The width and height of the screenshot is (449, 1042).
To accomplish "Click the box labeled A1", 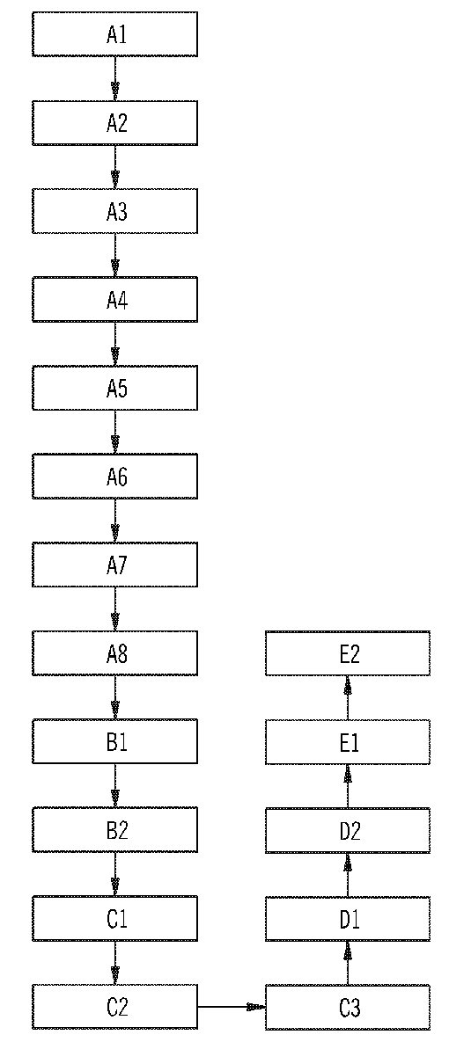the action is pyautogui.click(x=115, y=34).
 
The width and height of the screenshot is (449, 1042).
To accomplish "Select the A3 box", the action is pyautogui.click(x=115, y=211).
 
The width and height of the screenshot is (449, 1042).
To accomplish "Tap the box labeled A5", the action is pyautogui.click(x=115, y=388).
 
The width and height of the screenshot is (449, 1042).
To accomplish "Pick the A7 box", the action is pyautogui.click(x=115, y=565).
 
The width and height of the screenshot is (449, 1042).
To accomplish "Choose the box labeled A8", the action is pyautogui.click(x=115, y=653).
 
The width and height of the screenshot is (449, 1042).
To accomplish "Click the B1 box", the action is pyautogui.click(x=115, y=741).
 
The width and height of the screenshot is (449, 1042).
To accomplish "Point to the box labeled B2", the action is pyautogui.click(x=115, y=829).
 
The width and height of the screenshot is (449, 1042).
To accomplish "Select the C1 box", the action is pyautogui.click(x=115, y=918).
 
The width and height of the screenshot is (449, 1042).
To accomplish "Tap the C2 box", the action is pyautogui.click(x=115, y=1007).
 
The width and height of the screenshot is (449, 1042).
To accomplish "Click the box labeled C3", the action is pyautogui.click(x=348, y=1007).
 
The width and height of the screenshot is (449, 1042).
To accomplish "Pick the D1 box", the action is pyautogui.click(x=348, y=918).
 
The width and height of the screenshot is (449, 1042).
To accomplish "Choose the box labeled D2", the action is pyautogui.click(x=348, y=829).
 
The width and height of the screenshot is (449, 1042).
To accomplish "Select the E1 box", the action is pyautogui.click(x=348, y=741).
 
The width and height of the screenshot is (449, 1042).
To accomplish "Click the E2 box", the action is pyautogui.click(x=348, y=653).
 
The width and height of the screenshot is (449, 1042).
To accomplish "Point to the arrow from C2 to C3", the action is pyautogui.click(x=232, y=1007).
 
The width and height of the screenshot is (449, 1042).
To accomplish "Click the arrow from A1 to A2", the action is pyautogui.click(x=115, y=78).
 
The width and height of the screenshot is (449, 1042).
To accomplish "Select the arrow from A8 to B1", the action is pyautogui.click(x=115, y=697).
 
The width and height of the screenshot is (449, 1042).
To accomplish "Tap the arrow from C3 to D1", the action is pyautogui.click(x=347, y=963).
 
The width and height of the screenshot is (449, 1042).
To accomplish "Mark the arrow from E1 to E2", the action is pyautogui.click(x=347, y=697).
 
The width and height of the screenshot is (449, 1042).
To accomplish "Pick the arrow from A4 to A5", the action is pyautogui.click(x=115, y=344).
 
